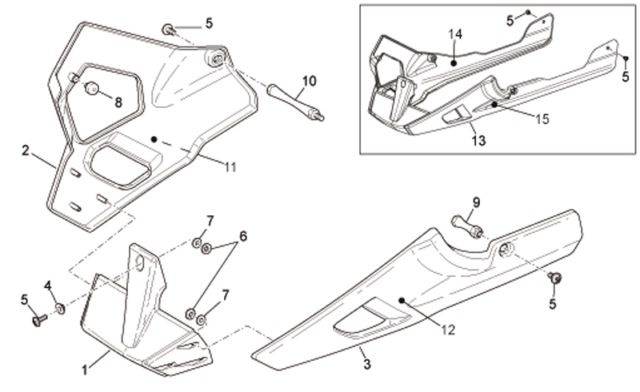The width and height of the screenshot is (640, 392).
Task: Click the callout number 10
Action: coord(310,81)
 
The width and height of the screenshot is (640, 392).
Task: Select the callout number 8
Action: coord(118,102)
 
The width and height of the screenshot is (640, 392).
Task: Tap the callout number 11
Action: coord(230,167)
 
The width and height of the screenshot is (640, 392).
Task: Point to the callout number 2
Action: coord(26,150)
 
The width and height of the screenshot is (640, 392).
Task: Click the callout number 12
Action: coord(448,330)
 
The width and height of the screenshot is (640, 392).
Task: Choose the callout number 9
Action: coord(476,202)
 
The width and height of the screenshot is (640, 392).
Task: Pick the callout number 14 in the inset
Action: coord(455,34)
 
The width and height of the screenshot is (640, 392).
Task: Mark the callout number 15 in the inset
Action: coord(542,119)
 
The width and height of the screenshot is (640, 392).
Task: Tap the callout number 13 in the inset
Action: coord(478,141)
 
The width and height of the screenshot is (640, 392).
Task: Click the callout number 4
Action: coord(48,286)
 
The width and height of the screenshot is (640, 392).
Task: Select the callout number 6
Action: coord(243,236)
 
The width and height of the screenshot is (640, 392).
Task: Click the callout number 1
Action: coord(85,370)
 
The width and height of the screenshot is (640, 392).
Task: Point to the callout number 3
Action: coord(367,364)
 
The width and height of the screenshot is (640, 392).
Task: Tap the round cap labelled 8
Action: coord(92,88)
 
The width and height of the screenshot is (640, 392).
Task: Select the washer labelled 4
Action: coord(61,309)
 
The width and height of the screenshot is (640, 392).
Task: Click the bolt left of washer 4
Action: coord(39,320)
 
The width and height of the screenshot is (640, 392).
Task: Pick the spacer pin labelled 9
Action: coord(467,227)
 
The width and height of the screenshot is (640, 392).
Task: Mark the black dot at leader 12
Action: coord(402,301)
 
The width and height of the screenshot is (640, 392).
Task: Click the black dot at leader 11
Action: coord(154,139)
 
